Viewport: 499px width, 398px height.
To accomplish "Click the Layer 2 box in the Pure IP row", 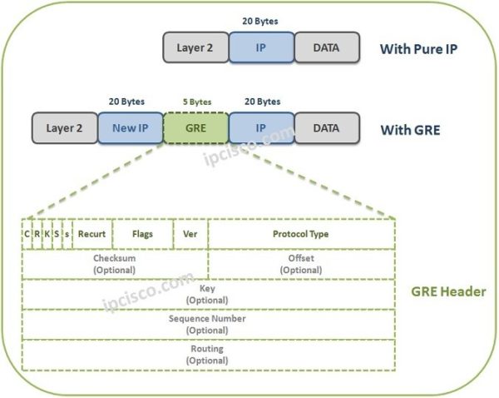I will coord(195,47).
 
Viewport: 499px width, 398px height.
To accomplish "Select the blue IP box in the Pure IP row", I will coord(261,47).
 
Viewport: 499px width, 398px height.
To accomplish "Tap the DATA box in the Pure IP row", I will coord(326,47).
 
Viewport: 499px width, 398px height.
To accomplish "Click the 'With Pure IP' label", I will coord(418,48).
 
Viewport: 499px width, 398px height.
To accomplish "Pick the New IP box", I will coord(130,129).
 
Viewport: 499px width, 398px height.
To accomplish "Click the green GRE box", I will coord(195,129).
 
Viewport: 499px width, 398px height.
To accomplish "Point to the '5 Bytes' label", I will coord(196,102).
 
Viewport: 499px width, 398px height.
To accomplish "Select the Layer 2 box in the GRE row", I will coord(64,129).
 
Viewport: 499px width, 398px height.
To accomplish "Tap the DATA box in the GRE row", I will coord(326,129).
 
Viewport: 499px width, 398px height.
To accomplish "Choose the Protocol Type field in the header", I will coord(300,234).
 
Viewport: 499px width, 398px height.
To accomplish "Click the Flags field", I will coord(142,234).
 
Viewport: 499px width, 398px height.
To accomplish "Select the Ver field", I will coord(190,234).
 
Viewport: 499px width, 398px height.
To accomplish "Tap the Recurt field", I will coord(91,234).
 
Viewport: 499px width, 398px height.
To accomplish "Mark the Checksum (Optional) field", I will coord(114,264).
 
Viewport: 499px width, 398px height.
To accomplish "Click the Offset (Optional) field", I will coord(300,264).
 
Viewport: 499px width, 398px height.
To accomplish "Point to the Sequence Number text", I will coord(207,318).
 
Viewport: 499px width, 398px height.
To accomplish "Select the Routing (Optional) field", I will coord(207,354).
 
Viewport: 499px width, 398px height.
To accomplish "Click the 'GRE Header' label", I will coord(448,292).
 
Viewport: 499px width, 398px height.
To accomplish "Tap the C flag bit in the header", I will coord(27,234).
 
